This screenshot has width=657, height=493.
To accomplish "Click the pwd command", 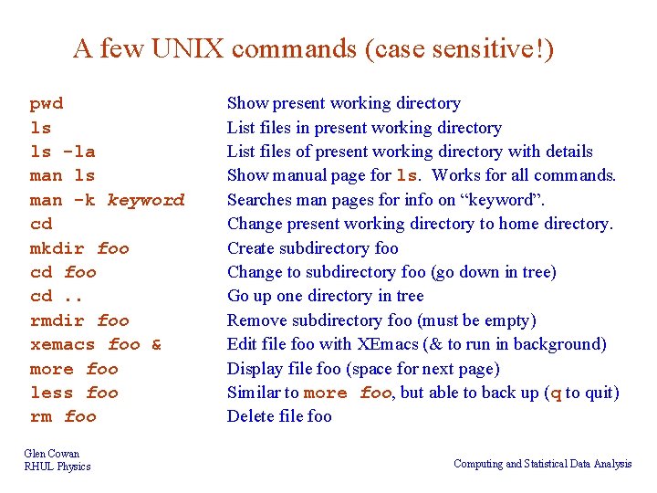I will click(47, 104).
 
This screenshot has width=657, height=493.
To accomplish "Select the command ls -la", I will click(62, 152).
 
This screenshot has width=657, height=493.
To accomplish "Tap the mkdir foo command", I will click(79, 248).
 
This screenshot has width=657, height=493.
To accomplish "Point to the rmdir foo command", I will click(79, 320).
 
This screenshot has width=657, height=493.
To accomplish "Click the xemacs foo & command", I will click(96, 344).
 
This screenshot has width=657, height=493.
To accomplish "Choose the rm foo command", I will click(63, 416).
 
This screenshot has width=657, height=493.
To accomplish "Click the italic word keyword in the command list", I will click(146, 200).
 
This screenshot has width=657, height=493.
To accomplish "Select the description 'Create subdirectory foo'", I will click(312, 248).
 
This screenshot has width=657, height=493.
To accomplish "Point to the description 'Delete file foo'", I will click(279, 416).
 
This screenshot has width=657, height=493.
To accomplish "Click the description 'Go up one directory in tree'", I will click(325, 296).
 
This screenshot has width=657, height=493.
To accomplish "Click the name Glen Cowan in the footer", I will click(52, 454).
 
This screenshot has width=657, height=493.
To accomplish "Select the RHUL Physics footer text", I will click(57, 467).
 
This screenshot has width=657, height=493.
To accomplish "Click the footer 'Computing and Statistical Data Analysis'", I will click(542, 464).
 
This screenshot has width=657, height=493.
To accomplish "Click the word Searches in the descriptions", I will click(258, 200).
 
